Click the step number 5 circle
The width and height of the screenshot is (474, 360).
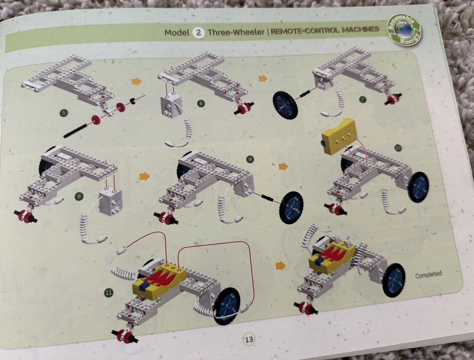point(64,113)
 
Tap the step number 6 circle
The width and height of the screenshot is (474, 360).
point(201,104)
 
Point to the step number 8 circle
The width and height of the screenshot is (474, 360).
point(79,197)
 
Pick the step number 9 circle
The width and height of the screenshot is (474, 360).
point(250,159)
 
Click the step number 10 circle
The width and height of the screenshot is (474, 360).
point(398,148)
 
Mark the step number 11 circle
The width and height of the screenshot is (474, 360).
point(108,292)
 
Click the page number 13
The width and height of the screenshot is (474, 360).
point(249,340)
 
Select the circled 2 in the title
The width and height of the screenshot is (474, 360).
point(198,32)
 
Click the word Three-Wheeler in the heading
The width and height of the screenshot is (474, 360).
point(236,32)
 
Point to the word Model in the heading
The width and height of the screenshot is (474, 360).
point(177,32)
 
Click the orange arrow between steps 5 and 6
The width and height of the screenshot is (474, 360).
point(137,81)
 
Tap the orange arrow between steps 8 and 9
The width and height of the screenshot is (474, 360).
point(145,176)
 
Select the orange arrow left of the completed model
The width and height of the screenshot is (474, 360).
point(281,266)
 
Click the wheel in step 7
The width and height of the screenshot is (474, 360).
point(285,106)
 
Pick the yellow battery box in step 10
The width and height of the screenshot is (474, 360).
point(338,136)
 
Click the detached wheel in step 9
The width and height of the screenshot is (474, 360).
point(292,208)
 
